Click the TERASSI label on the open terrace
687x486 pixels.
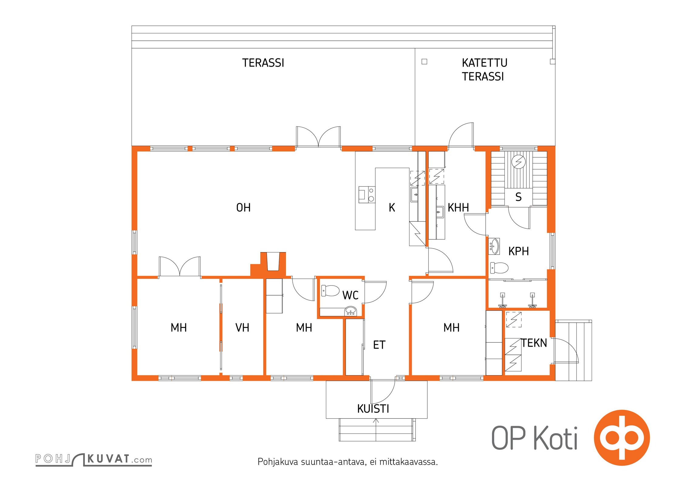[x=263, y=63]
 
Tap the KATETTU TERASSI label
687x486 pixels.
[x=484, y=70]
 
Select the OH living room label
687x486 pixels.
[x=243, y=208]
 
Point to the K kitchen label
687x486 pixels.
[x=392, y=208]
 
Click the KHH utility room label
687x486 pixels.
[x=458, y=208]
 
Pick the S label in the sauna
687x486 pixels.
[x=518, y=197]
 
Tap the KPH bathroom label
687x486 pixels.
[x=518, y=251]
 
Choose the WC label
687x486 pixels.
[x=350, y=295]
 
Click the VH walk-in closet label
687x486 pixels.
[x=242, y=328]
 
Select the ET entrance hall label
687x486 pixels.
[x=379, y=345]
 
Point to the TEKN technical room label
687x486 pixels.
[x=534, y=343]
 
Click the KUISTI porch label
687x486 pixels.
[x=373, y=409]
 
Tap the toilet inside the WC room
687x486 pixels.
[x=330, y=291]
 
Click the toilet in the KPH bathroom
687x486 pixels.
[x=499, y=268]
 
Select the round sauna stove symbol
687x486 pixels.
[x=518, y=162]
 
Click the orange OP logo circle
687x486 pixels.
[x=622, y=437]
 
